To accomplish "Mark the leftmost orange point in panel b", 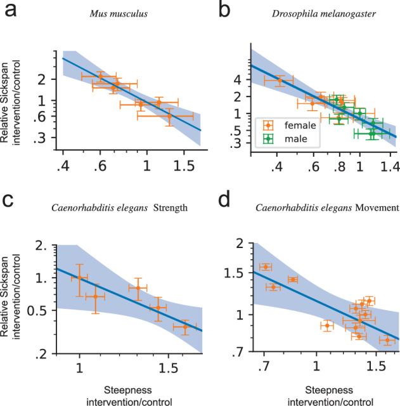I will [280, 81].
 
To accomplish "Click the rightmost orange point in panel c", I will [185, 327].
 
